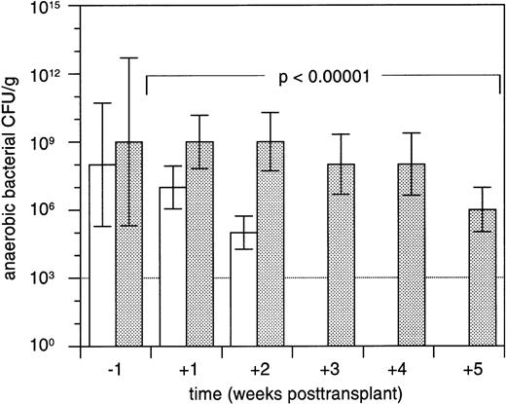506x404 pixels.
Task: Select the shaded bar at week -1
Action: pos(128,243)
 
